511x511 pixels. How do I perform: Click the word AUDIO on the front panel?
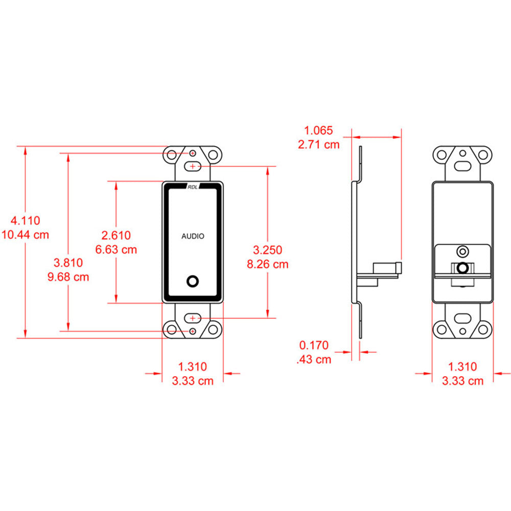(193, 236)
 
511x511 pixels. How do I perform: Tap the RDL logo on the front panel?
(193, 187)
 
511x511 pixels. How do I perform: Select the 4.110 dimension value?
(26, 221)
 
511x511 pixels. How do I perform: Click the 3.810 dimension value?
(68, 263)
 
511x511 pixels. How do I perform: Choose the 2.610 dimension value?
(116, 236)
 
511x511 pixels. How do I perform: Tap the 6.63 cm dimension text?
(116, 249)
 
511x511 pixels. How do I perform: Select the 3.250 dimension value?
(268, 250)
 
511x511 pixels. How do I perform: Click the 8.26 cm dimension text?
(268, 264)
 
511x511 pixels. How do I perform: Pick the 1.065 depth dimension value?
(318, 130)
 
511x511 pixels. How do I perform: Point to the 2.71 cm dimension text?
(318, 144)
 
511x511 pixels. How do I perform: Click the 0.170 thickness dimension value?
(314, 345)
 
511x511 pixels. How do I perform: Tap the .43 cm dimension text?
(314, 359)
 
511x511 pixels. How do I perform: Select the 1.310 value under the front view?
(192, 366)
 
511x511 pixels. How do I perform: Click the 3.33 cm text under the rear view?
(462, 381)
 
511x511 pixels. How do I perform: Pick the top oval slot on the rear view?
(463, 166)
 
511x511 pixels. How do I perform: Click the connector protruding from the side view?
(387, 268)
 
